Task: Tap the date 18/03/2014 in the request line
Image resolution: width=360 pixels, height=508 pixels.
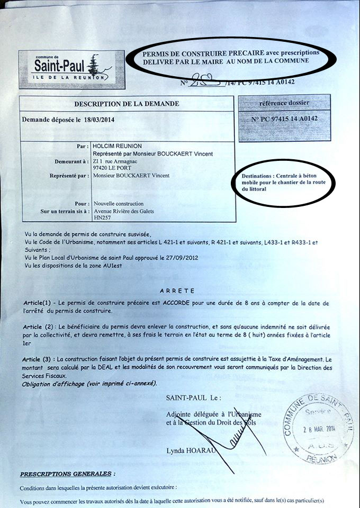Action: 99,120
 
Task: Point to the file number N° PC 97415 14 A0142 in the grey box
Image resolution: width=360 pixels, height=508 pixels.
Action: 285,119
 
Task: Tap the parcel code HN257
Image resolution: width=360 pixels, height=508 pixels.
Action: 101,217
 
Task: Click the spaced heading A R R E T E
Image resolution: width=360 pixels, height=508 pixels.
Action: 177,291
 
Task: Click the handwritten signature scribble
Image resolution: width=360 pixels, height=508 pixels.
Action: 228,435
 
